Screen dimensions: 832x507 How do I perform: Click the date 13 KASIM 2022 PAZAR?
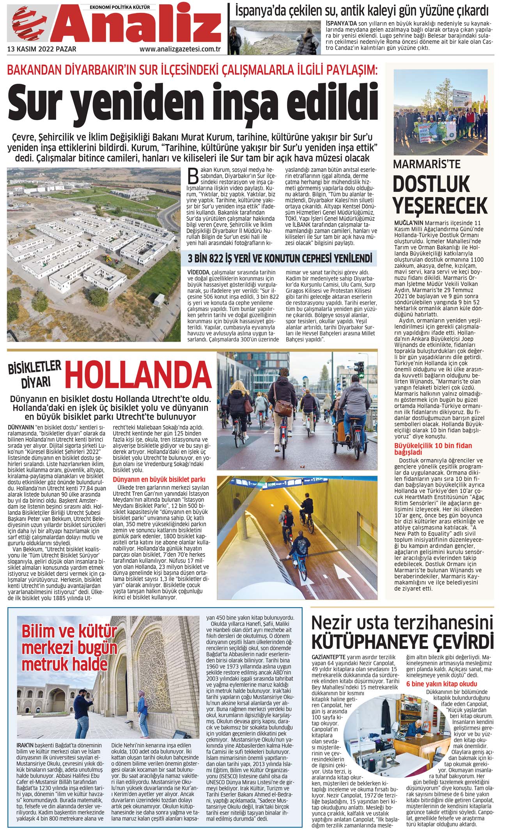[x=42, y=49]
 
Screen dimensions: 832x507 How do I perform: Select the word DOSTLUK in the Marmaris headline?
[x=426, y=185]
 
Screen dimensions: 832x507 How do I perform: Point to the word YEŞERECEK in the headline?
[x=440, y=205]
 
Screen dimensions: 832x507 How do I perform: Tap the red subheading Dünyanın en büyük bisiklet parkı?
[x=159, y=479]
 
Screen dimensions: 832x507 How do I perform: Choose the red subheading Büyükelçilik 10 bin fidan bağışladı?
[x=433, y=449]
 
